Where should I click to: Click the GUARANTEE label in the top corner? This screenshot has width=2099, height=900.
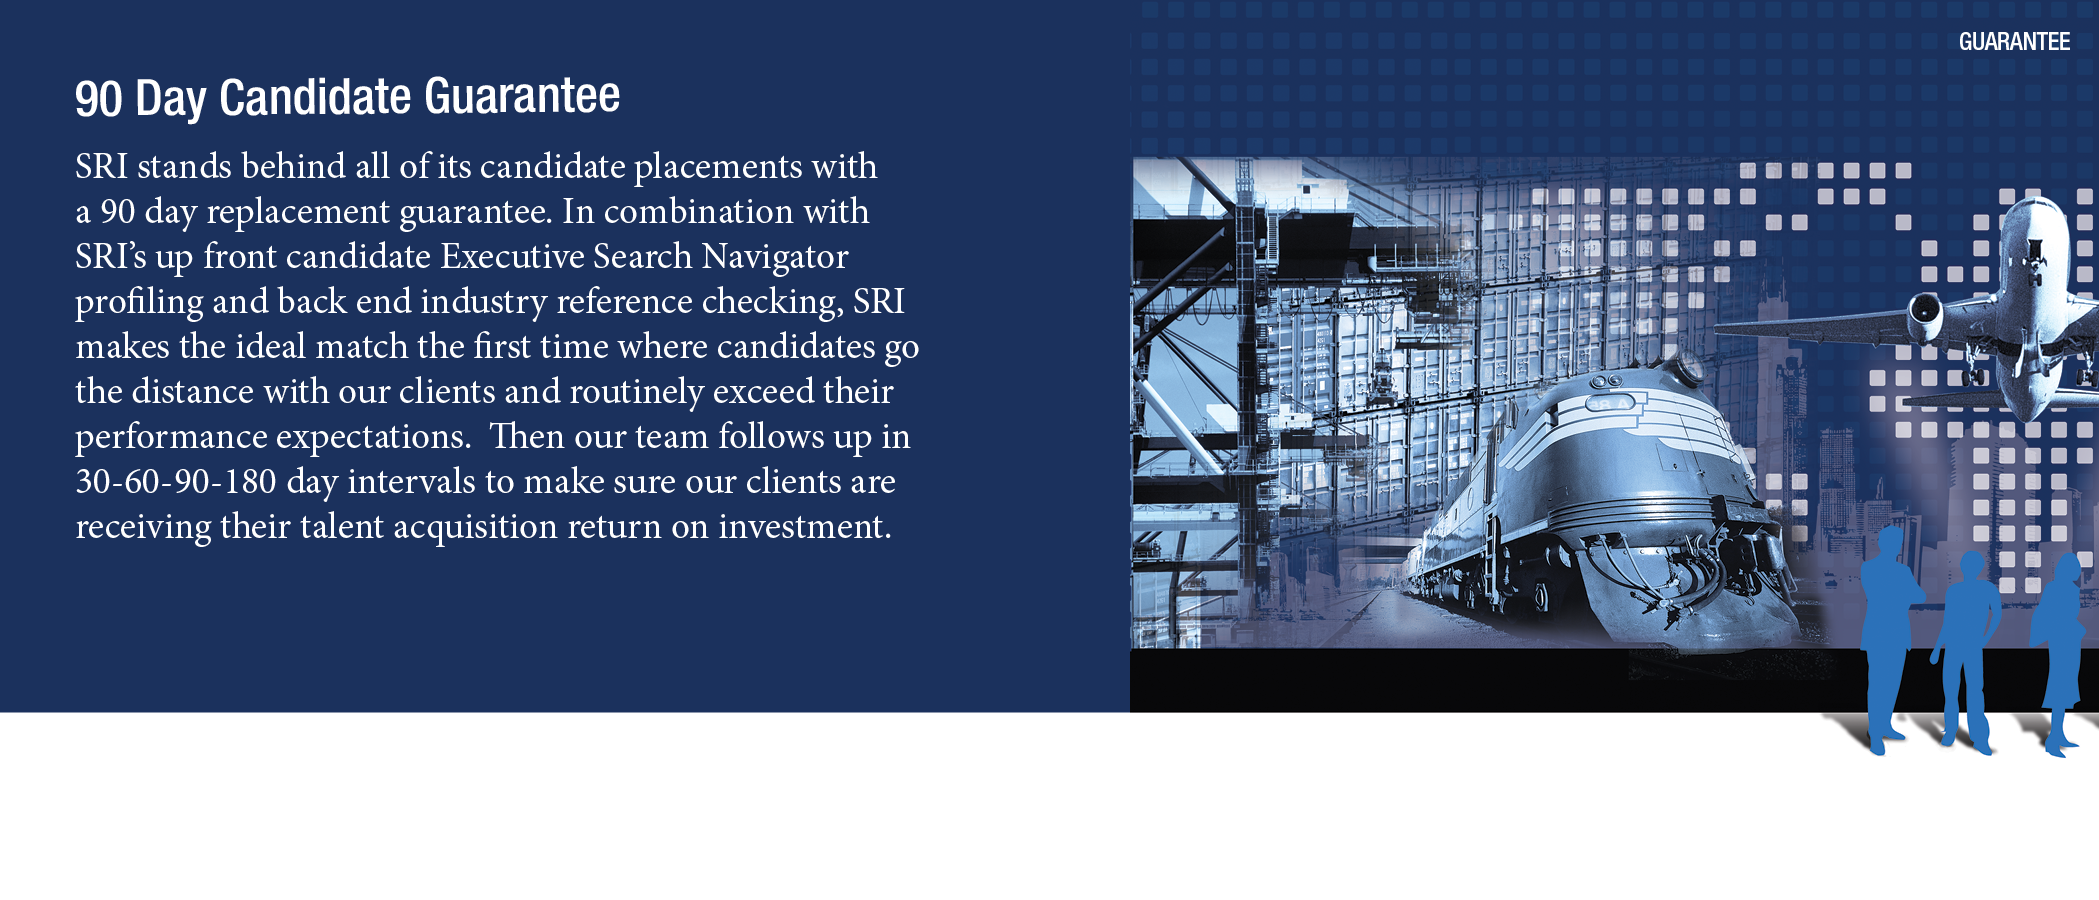point(2014,42)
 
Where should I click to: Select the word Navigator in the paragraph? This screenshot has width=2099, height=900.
point(775,257)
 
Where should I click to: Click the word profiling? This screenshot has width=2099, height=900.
point(139,302)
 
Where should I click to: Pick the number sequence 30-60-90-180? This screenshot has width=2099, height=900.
point(176,481)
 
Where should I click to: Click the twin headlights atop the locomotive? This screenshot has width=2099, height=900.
point(1606,381)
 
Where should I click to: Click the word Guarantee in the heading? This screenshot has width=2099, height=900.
point(522,96)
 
